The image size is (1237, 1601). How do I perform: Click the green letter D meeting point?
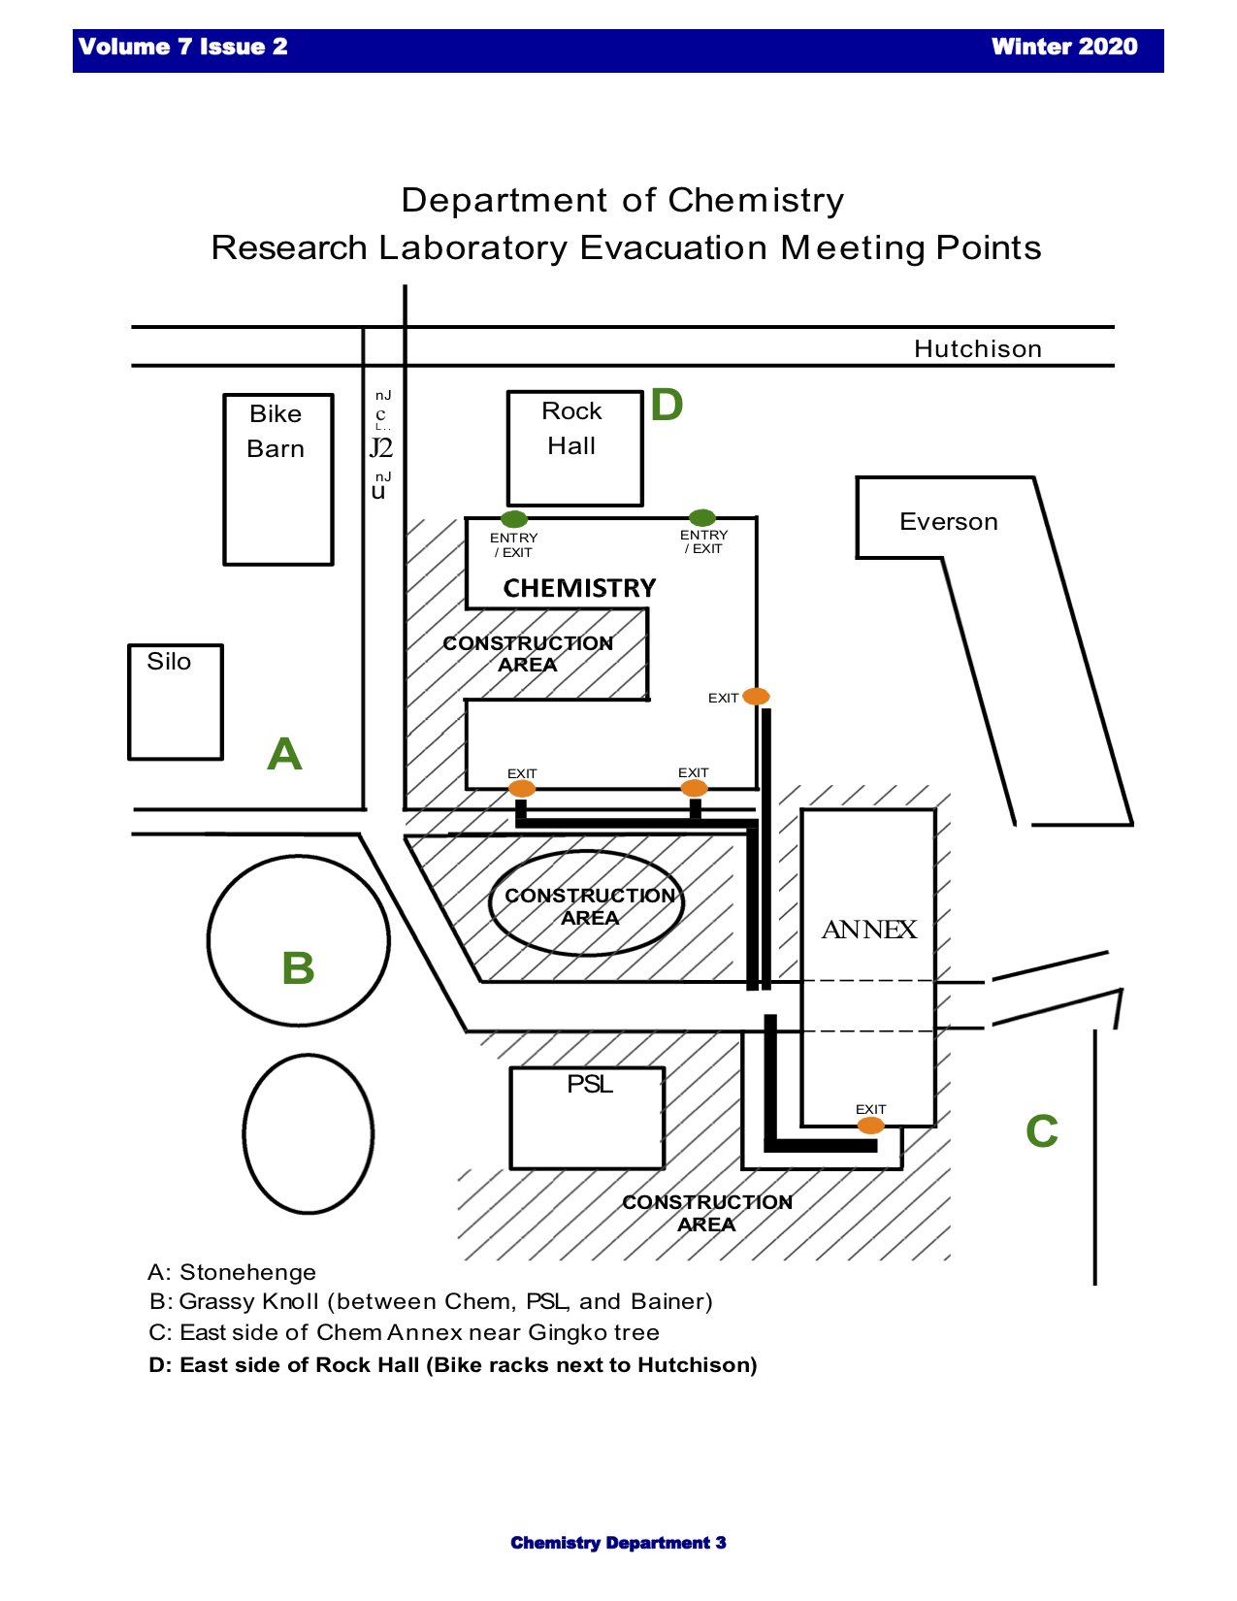(x=667, y=405)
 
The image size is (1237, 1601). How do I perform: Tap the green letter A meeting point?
(x=284, y=754)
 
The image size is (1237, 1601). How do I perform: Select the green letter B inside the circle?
(x=298, y=967)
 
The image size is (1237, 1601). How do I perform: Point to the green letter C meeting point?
(x=1042, y=1131)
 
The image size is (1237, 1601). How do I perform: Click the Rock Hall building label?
(x=571, y=428)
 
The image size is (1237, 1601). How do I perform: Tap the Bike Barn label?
(x=276, y=431)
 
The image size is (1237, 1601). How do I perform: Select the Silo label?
(x=169, y=662)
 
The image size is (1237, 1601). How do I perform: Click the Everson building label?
(x=948, y=522)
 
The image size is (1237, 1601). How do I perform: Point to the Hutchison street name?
(x=977, y=349)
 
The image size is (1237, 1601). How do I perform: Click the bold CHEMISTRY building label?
(x=579, y=588)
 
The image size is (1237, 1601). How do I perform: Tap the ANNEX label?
(x=868, y=930)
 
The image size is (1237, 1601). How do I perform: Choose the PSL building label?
(x=590, y=1084)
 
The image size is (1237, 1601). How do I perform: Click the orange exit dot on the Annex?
(x=870, y=1126)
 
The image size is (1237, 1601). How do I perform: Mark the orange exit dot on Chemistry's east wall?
(x=756, y=696)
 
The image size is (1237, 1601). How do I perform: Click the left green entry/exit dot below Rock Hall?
(x=513, y=519)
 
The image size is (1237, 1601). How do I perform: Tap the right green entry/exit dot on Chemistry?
(x=701, y=517)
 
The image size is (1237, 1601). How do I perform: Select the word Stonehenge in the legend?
(x=247, y=1272)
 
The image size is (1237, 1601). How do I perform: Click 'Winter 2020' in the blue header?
(x=1063, y=47)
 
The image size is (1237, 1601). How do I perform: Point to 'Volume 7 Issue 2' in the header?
(x=183, y=47)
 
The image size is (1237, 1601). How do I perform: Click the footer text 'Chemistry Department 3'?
(x=618, y=1543)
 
